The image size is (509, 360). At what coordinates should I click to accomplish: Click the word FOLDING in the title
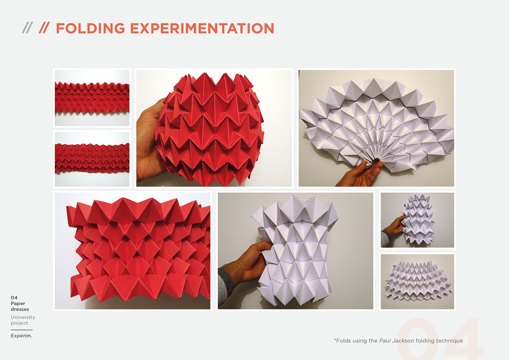(90, 28)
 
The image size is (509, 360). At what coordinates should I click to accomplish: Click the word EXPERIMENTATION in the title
(202, 28)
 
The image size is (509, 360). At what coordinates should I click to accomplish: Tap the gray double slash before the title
(28, 28)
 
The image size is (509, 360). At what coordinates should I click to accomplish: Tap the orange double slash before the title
(44, 28)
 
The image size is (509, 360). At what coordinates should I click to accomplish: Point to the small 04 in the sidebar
(14, 297)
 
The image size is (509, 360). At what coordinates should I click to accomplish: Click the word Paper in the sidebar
(18, 304)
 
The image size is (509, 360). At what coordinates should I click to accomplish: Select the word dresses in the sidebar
(20, 309)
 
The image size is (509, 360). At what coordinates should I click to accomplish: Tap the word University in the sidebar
(23, 317)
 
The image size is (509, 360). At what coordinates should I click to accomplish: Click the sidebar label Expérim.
(21, 336)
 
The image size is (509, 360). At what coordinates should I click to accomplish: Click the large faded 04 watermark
(440, 339)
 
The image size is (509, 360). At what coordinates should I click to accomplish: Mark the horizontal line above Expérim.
(21, 330)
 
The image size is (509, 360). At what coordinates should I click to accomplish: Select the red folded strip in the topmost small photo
(92, 98)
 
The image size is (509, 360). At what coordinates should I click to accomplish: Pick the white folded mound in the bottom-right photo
(418, 281)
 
